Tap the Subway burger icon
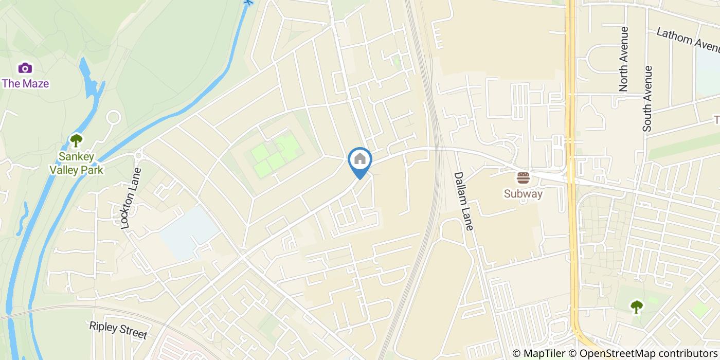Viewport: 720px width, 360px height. pyautogui.click(x=523, y=178)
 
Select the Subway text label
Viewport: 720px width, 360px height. pyautogui.click(x=523, y=194)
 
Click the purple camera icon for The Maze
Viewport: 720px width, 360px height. pyautogui.click(x=25, y=68)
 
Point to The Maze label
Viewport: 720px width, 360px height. pyautogui.click(x=25, y=83)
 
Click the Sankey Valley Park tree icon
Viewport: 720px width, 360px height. pyautogui.click(x=76, y=140)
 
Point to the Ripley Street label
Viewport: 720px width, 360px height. pyautogui.click(x=118, y=330)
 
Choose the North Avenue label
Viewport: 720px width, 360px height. pyautogui.click(x=624, y=59)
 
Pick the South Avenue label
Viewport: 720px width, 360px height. pyautogui.click(x=647, y=98)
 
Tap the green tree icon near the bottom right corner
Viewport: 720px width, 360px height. pyautogui.click(x=637, y=307)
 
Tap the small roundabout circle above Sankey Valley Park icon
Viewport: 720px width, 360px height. pyautogui.click(x=113, y=118)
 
